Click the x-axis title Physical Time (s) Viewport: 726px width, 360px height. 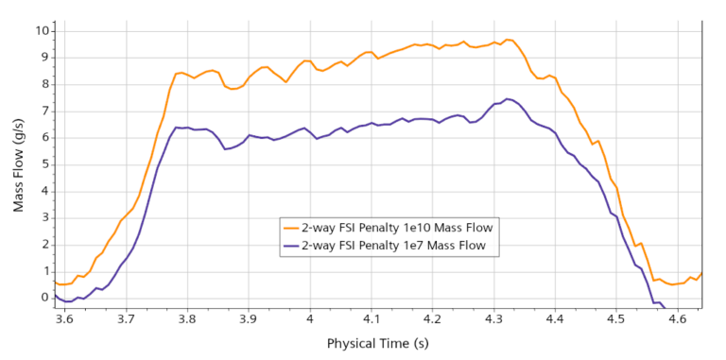pos(376,343)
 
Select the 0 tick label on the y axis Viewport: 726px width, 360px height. pos(42,298)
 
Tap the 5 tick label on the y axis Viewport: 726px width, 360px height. pos(42,163)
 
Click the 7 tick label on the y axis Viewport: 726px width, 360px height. pos(42,110)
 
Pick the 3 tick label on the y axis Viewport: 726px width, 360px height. pos(42,217)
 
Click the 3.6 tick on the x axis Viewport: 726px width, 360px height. pos(64,319)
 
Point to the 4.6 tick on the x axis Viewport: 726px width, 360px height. pos(677,319)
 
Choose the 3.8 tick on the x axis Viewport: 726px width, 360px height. pos(186,319)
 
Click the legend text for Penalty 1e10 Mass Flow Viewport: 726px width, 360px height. pos(398,227)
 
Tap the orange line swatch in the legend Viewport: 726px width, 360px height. pos(290,227)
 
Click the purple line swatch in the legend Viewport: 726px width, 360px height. pos(290,245)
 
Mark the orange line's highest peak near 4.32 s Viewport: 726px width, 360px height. pos(508,40)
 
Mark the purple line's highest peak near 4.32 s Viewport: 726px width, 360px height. pos(508,98)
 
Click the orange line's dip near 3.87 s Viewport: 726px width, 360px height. pos(233,89)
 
